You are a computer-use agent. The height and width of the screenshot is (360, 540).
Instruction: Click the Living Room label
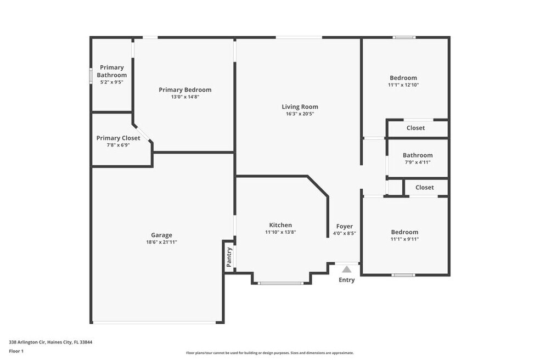coord(300,107)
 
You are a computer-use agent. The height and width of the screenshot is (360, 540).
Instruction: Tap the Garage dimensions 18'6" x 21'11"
coord(161,242)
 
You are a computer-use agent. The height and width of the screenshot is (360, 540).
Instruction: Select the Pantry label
coord(229,257)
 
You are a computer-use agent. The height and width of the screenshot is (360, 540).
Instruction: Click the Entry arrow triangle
coord(347,269)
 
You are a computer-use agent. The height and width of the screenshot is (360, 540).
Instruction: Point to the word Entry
coord(346,280)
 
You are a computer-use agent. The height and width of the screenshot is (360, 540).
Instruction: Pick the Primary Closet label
coord(118,138)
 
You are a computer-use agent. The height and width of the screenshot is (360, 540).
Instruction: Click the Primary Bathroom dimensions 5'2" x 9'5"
coord(111,82)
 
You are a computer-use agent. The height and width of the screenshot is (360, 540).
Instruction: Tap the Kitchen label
coord(280,225)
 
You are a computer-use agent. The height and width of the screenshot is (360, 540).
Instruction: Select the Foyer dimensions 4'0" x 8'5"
coord(345,233)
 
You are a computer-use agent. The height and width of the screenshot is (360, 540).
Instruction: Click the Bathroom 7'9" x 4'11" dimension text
coord(418,162)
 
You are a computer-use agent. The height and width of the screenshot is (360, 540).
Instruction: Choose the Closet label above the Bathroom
coord(415,128)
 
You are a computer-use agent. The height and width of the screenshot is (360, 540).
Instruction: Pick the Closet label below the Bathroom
coord(425,187)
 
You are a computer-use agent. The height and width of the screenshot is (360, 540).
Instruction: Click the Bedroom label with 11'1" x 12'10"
coord(403,78)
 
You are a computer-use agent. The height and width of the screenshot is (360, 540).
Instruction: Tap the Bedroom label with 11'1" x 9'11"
coord(404,232)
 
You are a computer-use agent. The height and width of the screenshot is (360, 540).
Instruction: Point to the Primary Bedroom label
coord(185,90)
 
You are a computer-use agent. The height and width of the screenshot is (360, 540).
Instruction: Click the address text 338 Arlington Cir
coord(27,342)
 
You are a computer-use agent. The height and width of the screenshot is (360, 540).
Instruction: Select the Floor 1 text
coord(16,351)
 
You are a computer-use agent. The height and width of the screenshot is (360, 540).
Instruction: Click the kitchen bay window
coord(280,283)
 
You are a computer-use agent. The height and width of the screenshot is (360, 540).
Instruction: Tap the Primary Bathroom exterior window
coord(91,75)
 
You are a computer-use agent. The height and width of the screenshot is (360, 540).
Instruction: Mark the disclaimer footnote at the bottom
coord(269,353)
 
